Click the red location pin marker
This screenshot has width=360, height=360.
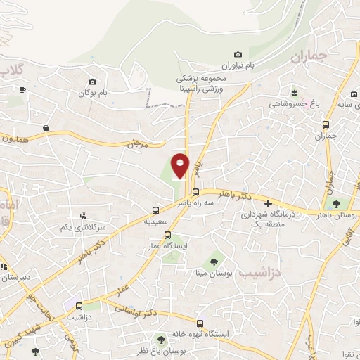pyautogui.click(x=181, y=165)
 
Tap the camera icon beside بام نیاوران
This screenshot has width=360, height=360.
pyautogui.click(x=238, y=55)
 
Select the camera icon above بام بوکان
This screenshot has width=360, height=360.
pyautogui.click(x=92, y=82)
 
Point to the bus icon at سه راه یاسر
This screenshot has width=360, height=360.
pyautogui.click(x=195, y=192)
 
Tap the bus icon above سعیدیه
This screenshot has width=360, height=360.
pyautogui.click(x=156, y=210)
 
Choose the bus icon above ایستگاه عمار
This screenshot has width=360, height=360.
pyautogui.click(x=167, y=235)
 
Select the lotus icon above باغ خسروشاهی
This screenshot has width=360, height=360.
pyautogui.click(x=294, y=92)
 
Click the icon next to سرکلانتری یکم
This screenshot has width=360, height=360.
pyautogui.click(x=83, y=216)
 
